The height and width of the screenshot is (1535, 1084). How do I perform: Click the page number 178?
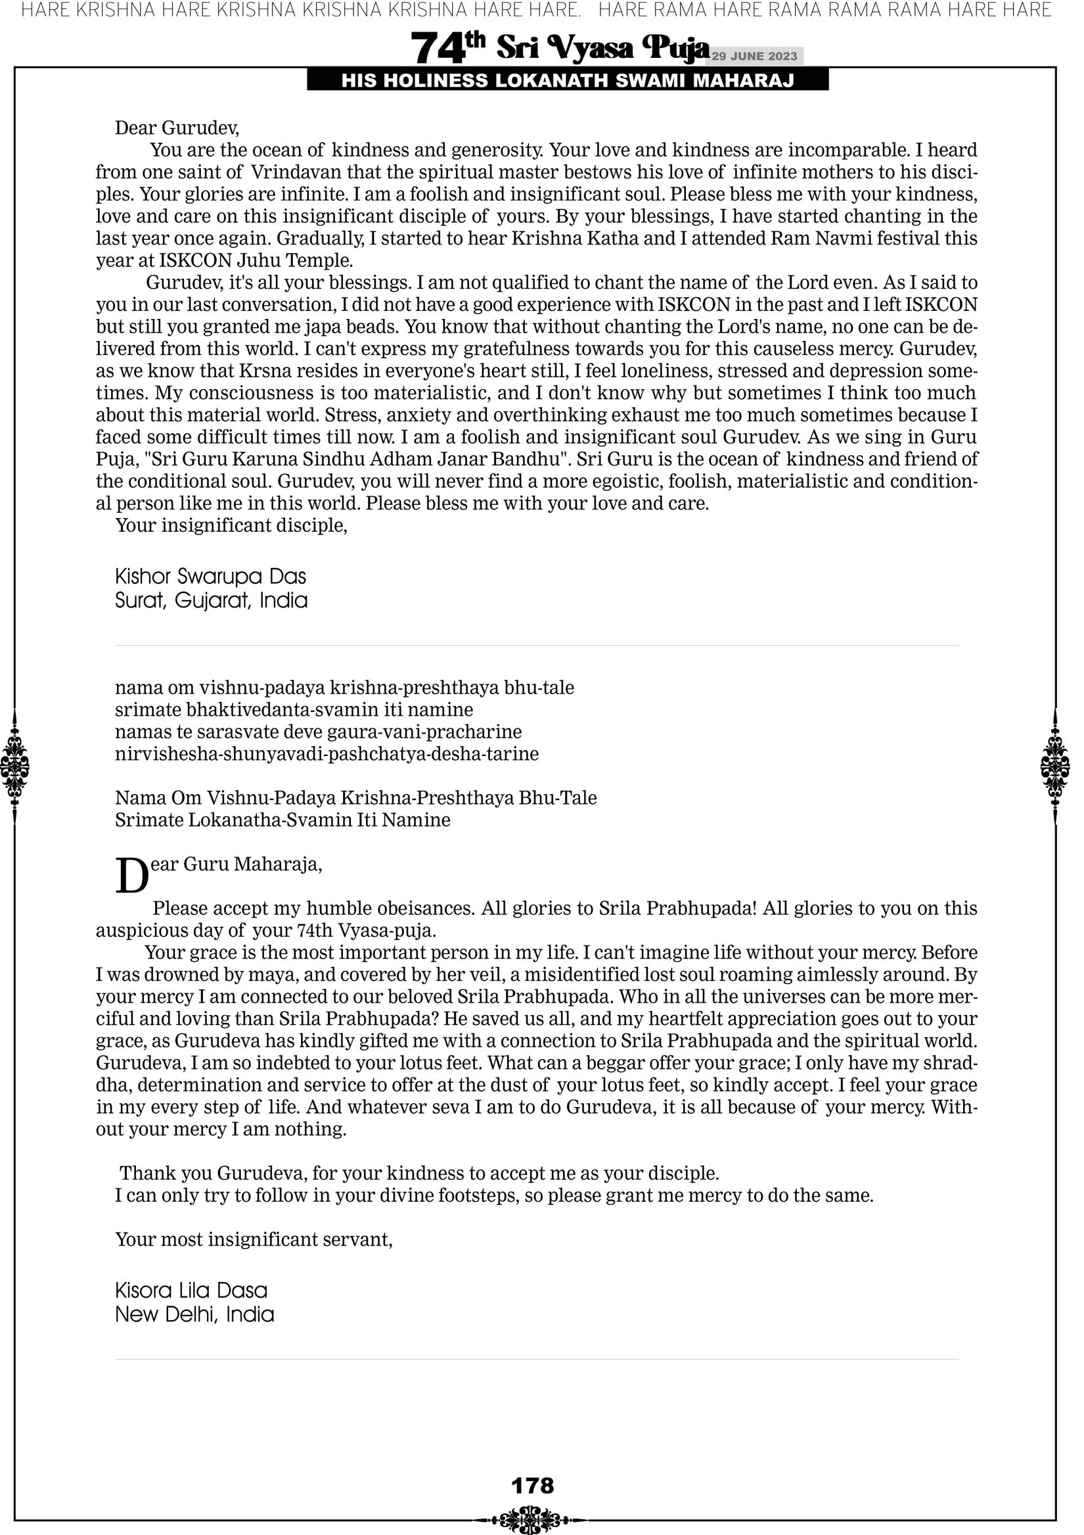pos(532,1486)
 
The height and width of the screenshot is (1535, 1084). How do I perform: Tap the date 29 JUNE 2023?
pos(754,56)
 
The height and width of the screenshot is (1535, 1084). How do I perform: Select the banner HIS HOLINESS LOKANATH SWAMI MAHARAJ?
pos(568,81)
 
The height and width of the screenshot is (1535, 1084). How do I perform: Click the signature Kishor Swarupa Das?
pos(210,577)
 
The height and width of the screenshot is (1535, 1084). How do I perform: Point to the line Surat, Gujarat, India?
pos(211,600)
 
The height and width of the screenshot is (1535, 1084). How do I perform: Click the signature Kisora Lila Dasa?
pos(191,1290)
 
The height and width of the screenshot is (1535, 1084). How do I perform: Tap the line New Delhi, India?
pos(194,1314)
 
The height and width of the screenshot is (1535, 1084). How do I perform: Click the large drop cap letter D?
pos(131,875)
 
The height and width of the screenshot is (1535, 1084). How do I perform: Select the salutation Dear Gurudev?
pos(177,127)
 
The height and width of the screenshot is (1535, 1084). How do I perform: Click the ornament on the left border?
pos(14,766)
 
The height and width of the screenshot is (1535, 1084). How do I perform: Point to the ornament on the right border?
pos(1055,766)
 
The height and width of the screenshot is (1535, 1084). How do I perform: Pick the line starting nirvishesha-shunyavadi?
pos(327,754)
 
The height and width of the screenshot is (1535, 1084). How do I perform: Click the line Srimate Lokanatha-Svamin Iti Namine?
pos(282,820)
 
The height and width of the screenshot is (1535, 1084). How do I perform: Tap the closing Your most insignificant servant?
pos(254,1239)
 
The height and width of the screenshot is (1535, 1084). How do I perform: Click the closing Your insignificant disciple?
pos(231,525)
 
